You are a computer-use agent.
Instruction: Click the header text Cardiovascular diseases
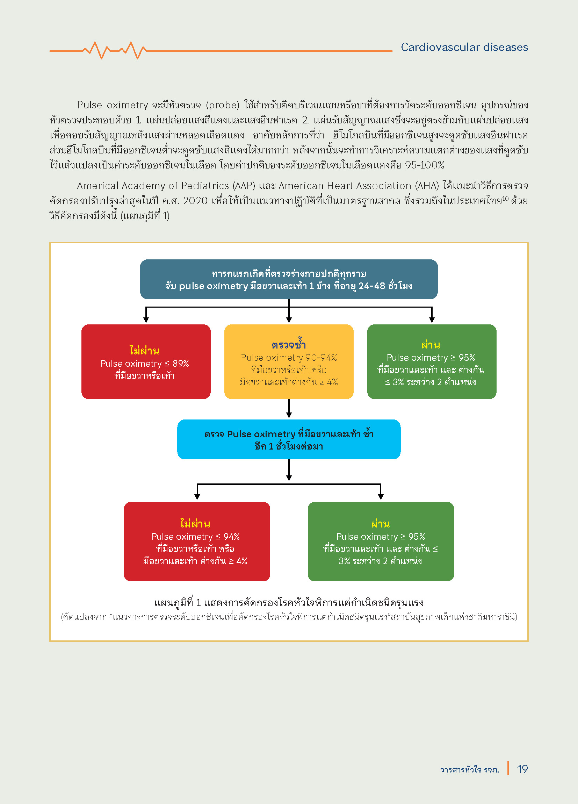point(464,47)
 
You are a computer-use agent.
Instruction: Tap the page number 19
point(522,769)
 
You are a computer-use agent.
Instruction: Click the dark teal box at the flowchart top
point(289,279)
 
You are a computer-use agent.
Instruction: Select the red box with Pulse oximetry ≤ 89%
point(146,361)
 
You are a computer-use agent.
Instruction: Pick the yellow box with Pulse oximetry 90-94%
point(289,361)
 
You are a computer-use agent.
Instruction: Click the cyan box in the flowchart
point(289,439)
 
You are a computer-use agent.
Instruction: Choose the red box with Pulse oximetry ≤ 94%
point(197,541)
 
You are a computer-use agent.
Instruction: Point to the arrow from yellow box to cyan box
point(289,409)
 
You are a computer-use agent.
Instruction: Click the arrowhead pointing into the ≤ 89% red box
point(146,320)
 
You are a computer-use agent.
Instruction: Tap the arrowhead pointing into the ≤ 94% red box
point(197,497)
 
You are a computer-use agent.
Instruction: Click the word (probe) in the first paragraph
point(223,105)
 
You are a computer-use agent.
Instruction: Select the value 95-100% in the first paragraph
point(425,165)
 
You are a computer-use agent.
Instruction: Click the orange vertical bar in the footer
point(508,768)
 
